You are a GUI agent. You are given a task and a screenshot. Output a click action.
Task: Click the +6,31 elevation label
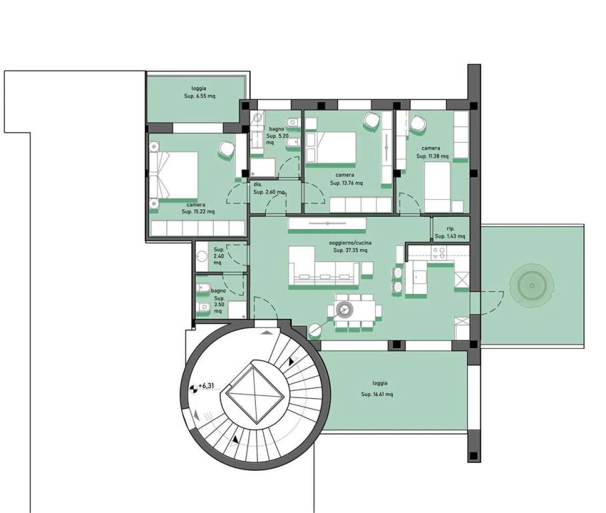point(206,385)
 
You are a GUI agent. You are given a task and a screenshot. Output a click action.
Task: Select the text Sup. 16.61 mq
point(377,394)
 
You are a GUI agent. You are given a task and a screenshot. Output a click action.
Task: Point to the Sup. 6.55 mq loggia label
point(199,92)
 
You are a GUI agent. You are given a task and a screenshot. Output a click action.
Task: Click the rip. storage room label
point(450,232)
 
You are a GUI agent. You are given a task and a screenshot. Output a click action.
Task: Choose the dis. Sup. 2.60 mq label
point(269,188)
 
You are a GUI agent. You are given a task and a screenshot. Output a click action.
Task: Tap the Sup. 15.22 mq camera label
point(198,208)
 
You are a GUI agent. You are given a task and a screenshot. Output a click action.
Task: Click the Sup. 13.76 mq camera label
point(346,179)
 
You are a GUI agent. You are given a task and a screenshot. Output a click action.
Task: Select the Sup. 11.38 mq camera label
point(432,152)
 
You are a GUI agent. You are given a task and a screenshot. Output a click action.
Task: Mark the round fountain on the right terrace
point(532,286)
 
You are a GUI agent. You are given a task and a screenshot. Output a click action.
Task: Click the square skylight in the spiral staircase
point(256,394)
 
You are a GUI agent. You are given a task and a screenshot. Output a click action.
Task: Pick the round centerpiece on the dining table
point(343,309)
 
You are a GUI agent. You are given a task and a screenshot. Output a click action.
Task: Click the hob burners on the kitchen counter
point(439,253)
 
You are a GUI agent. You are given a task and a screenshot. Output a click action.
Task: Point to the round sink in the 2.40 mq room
point(202,256)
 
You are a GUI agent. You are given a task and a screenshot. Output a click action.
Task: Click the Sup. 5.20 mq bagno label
point(277,135)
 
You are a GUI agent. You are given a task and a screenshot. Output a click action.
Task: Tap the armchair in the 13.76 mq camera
point(371,120)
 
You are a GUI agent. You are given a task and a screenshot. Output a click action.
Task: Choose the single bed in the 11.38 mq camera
point(438,186)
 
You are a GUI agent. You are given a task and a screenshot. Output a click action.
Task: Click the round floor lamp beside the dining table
point(315,331)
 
